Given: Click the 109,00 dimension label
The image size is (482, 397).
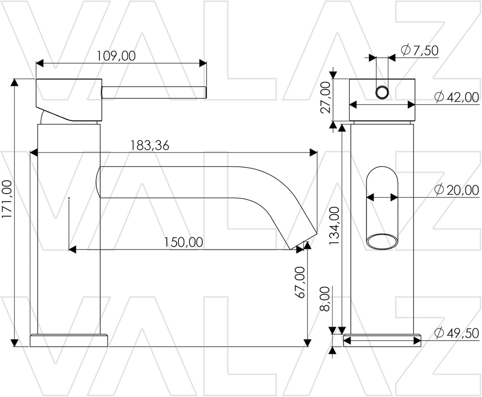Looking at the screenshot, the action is (116, 56).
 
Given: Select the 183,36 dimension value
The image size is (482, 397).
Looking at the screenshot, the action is (150, 145).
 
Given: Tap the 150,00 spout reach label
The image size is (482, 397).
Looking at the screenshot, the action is (183, 242).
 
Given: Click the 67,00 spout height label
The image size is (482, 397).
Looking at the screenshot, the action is (300, 283).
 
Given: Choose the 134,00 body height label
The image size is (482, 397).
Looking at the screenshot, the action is (334, 226).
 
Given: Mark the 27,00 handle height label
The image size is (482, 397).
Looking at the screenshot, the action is (327, 97).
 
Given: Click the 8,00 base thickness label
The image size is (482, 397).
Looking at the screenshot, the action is (325, 299).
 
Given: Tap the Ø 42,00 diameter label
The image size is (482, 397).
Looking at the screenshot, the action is (457, 97).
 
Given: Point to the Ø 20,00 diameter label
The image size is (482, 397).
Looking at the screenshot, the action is (457, 190).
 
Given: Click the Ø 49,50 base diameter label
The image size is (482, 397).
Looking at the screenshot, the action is (457, 333).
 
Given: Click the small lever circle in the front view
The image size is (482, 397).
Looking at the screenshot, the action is (382, 93).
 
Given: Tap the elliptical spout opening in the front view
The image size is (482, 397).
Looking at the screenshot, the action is (382, 241).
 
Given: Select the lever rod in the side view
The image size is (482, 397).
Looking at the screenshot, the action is (154, 93).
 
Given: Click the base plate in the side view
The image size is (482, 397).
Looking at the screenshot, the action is (69, 340).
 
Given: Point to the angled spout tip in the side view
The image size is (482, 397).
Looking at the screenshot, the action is (303, 240).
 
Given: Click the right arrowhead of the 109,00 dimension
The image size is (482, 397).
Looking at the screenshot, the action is (203, 63).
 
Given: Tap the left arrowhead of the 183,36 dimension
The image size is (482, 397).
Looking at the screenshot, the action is (34, 152).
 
